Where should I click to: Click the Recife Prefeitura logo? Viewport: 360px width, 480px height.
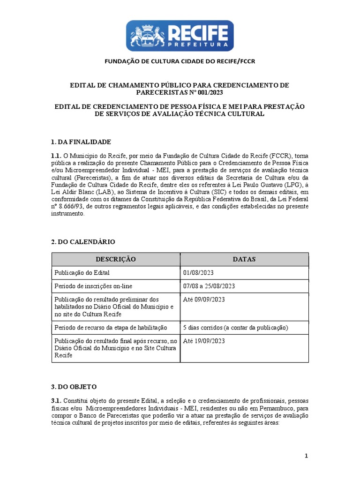[180, 35]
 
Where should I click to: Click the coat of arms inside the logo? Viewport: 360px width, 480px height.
[146, 36]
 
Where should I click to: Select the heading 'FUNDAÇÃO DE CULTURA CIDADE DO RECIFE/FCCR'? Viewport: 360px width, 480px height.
[180, 61]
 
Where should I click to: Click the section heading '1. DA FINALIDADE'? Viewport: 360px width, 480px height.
[81, 142]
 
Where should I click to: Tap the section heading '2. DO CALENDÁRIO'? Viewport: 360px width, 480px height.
[83, 241]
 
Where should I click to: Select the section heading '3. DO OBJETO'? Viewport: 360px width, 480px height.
[74, 387]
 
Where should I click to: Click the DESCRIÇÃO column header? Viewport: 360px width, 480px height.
[116, 259]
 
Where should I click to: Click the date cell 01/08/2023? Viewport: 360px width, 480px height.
[199, 273]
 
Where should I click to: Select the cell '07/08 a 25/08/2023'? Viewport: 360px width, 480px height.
[209, 286]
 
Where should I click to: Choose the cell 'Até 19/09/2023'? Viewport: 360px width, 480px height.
[204, 341]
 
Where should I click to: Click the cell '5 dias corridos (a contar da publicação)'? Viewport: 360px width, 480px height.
[235, 327]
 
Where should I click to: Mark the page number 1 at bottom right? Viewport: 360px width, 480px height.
[306, 456]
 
